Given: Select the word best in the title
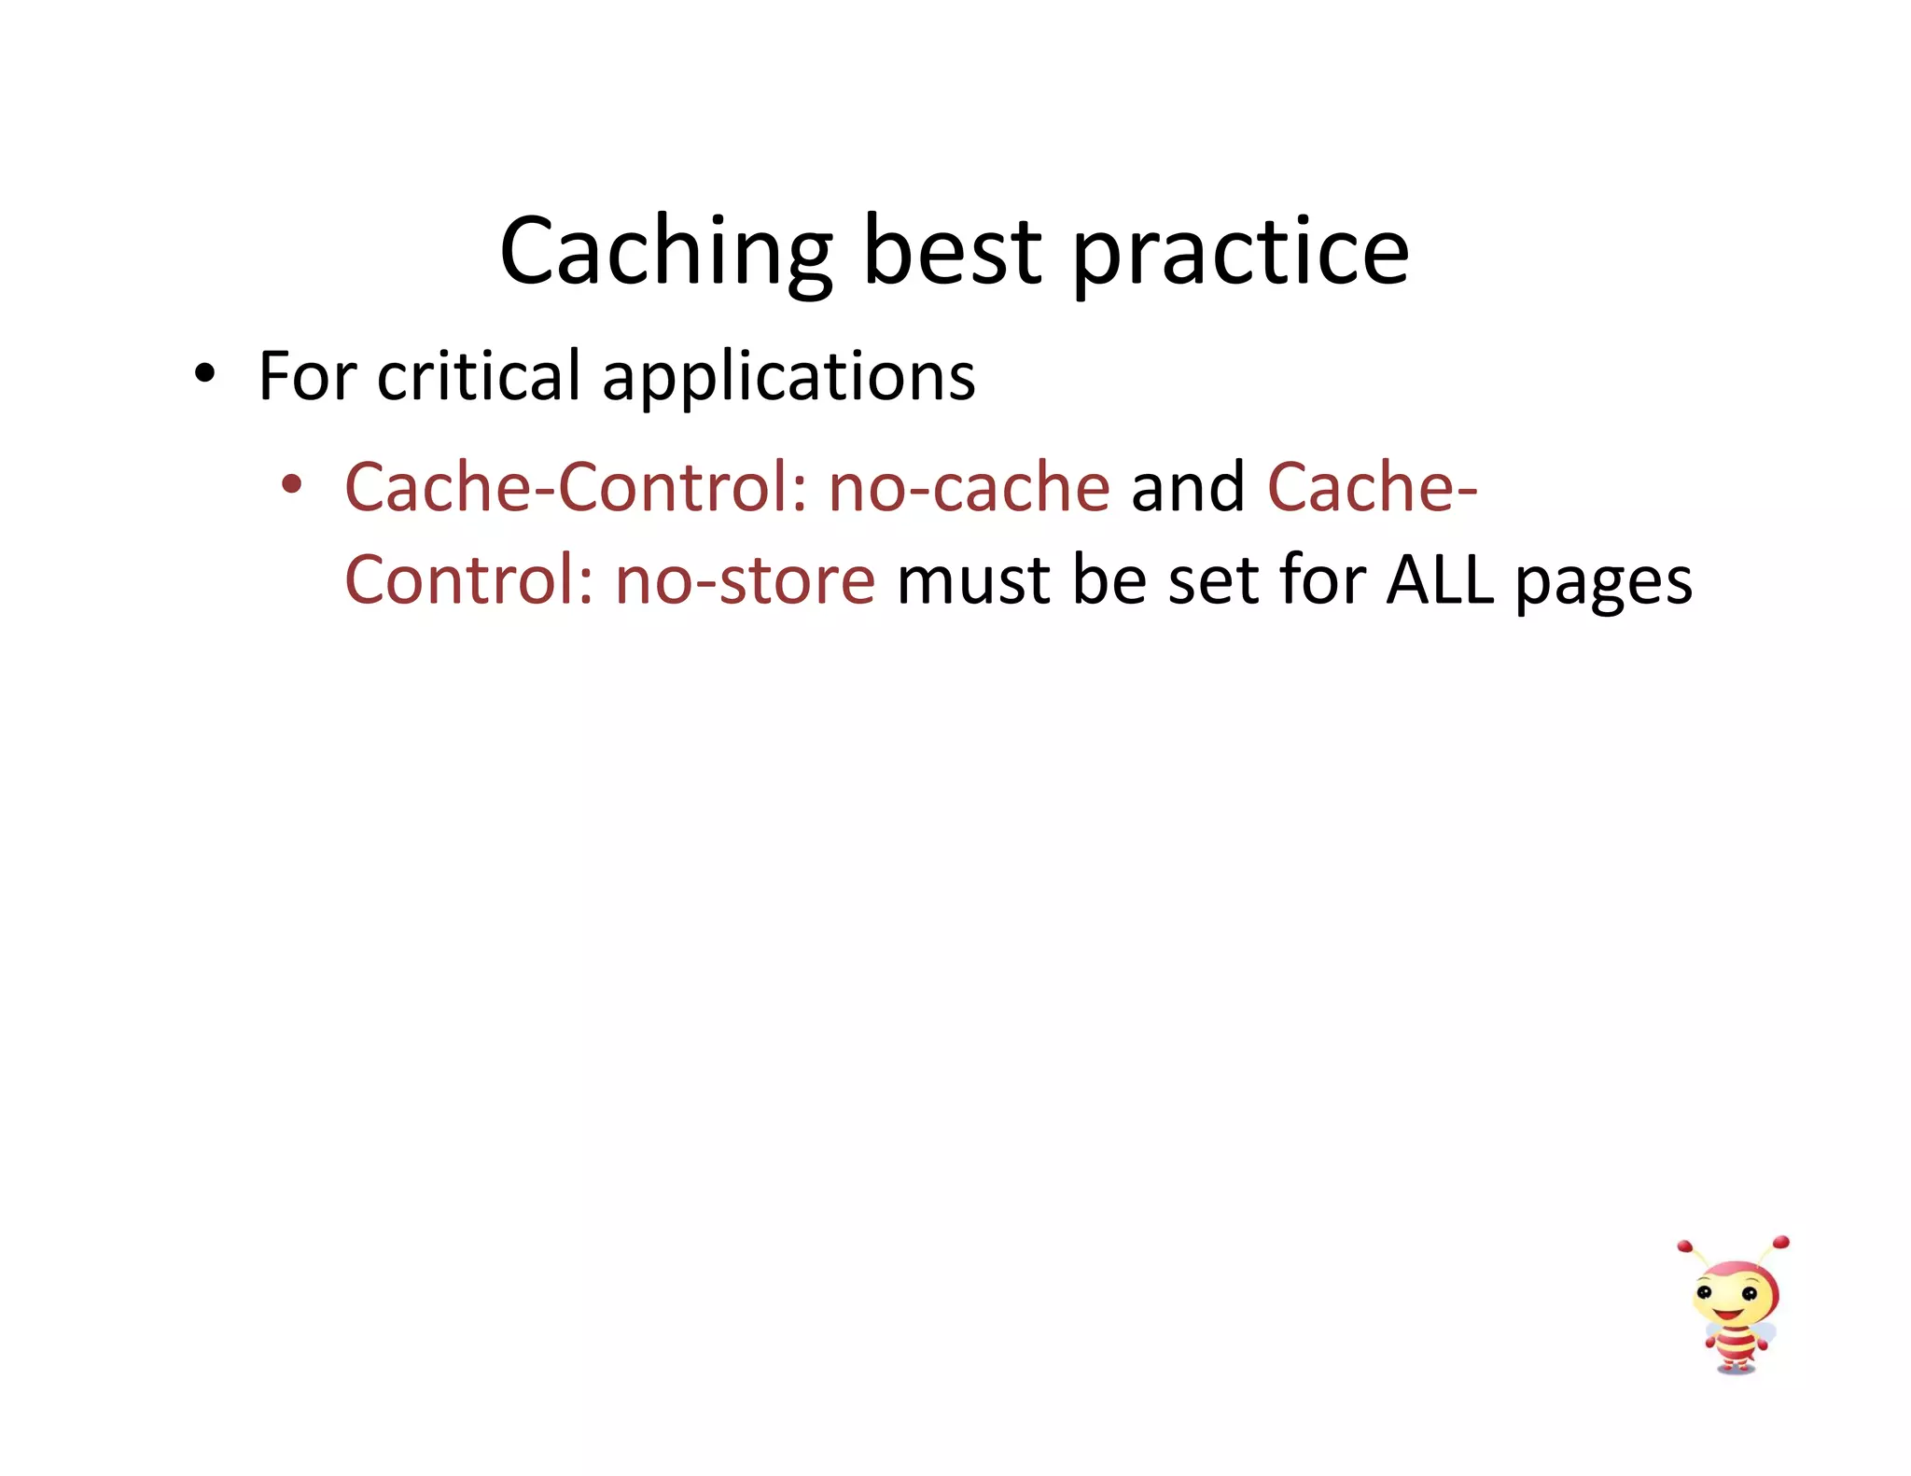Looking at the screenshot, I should click(952, 252).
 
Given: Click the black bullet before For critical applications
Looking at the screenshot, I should click(204, 375).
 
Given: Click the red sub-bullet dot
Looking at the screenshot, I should click(292, 484).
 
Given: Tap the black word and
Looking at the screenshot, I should click(1188, 487).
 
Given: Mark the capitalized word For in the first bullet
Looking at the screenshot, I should click(307, 377).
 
